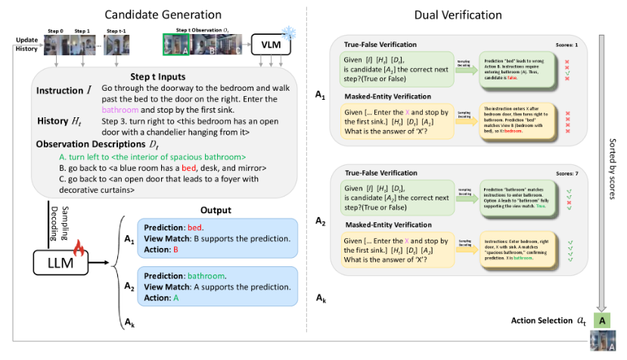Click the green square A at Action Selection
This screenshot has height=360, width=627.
click(x=603, y=321)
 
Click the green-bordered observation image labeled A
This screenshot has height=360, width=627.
click(x=175, y=45)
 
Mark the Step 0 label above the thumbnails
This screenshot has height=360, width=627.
click(x=56, y=33)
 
